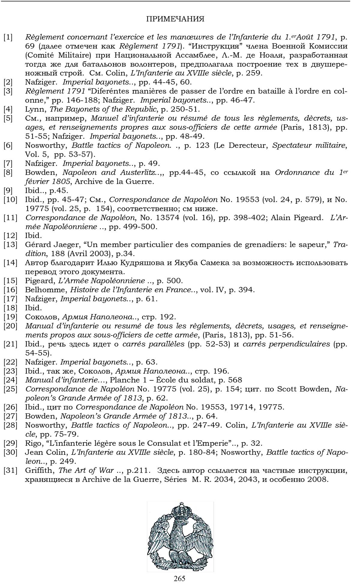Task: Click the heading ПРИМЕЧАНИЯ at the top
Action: click(175, 19)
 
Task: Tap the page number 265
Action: click(179, 578)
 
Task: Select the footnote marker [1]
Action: click(8, 37)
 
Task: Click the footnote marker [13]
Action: click(10, 245)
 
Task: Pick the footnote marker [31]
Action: click(10, 470)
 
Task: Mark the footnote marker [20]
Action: click(10, 326)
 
